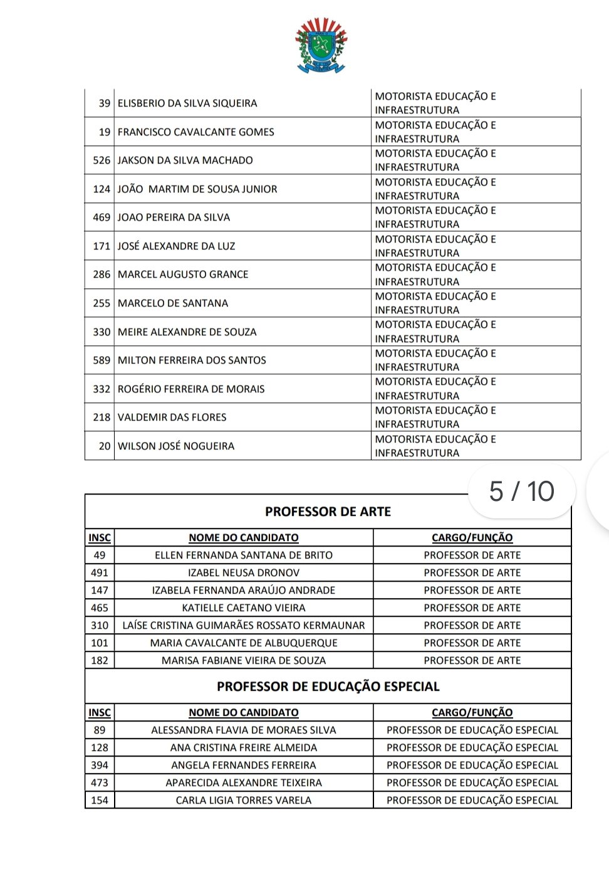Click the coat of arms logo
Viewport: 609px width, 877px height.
pos(321,45)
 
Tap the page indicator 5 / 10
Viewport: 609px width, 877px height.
pos(521,491)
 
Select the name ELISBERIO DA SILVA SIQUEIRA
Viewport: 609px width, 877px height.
pos(187,103)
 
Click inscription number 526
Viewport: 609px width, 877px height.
pos(101,160)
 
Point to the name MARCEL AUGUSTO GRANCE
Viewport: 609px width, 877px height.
pos(183,275)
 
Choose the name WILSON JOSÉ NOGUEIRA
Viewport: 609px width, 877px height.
pos(176,446)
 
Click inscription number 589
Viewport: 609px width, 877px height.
pos(101,360)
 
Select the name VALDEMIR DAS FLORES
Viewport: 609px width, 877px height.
pos(172,417)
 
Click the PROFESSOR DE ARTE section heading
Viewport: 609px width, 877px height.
pos(328,512)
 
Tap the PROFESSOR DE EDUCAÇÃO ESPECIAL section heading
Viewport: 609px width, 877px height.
pos(328,686)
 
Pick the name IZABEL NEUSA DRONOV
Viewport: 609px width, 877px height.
pos(244,573)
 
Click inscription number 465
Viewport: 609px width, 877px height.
pos(100,608)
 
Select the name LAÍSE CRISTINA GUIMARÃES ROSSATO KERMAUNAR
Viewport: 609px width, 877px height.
pos(244,626)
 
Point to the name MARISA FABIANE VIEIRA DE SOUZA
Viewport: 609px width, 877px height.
pos(244,661)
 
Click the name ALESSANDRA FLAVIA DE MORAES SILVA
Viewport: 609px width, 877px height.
pos(244,730)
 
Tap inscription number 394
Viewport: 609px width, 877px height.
pos(100,765)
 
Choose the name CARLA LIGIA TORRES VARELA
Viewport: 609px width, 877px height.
pos(244,801)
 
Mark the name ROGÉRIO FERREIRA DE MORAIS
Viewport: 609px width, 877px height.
pos(191,389)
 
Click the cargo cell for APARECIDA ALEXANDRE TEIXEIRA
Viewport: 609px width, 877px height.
pos(472,783)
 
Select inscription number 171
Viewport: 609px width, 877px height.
pos(101,246)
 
